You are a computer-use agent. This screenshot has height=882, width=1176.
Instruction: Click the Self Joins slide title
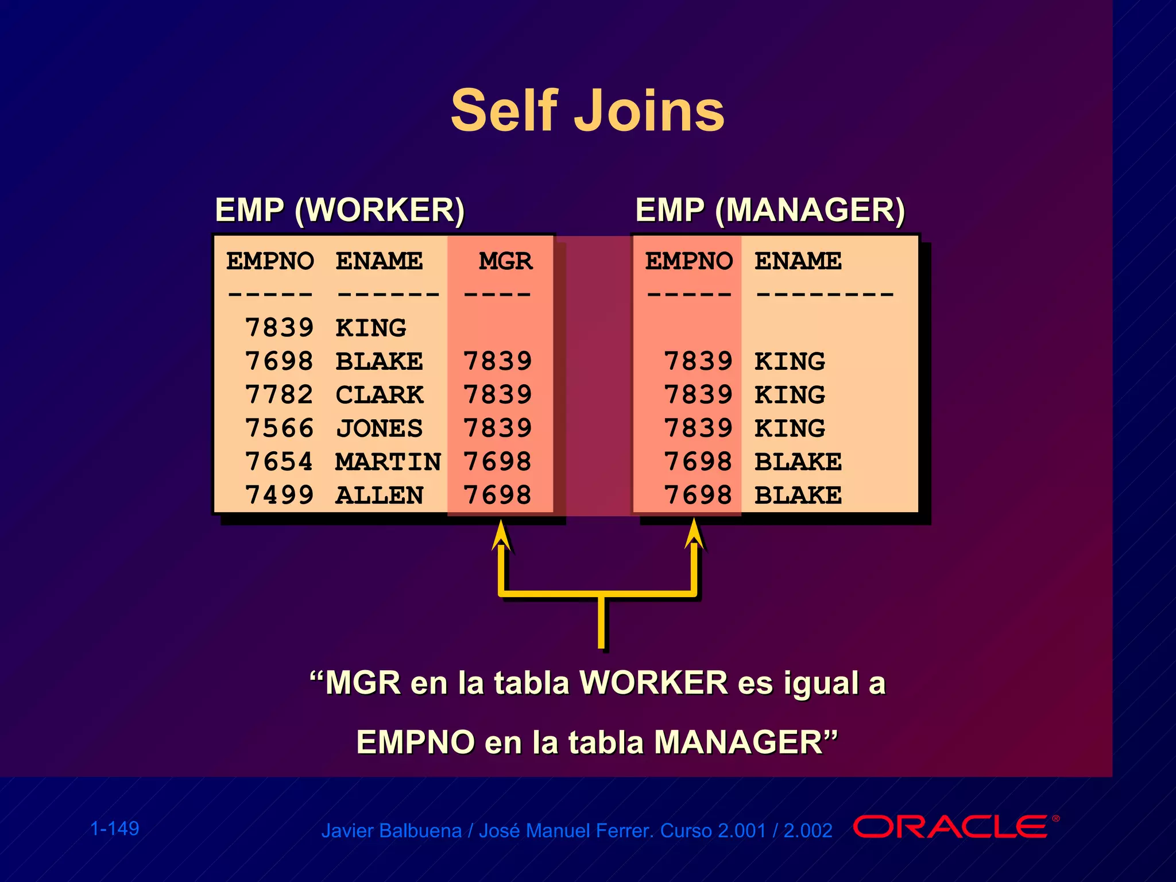click(587, 110)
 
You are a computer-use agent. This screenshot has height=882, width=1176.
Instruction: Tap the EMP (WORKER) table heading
click(339, 210)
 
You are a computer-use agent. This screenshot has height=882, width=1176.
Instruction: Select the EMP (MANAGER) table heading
click(769, 210)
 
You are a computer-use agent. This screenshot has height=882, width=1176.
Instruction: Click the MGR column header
click(505, 261)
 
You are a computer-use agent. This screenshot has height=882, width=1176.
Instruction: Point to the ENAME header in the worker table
click(379, 261)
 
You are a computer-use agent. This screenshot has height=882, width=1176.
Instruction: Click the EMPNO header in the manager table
click(688, 261)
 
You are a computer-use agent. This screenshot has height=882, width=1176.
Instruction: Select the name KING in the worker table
click(370, 328)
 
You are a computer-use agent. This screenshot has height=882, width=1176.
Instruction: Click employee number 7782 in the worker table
click(279, 394)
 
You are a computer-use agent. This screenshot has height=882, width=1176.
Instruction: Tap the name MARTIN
click(388, 462)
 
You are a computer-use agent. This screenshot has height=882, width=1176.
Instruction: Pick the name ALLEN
click(379, 495)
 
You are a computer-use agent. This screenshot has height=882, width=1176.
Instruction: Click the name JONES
click(379, 428)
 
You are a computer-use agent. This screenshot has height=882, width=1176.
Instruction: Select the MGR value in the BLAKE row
click(497, 361)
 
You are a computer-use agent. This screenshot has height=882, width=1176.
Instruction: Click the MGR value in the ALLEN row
click(497, 495)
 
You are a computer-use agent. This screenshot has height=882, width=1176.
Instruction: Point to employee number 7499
click(279, 495)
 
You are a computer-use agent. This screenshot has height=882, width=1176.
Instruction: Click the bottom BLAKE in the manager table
click(798, 495)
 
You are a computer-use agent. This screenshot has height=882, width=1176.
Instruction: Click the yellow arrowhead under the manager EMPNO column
click(694, 534)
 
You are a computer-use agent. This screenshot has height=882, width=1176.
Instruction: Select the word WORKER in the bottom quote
click(653, 683)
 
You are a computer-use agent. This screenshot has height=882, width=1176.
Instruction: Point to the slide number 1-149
click(115, 829)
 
